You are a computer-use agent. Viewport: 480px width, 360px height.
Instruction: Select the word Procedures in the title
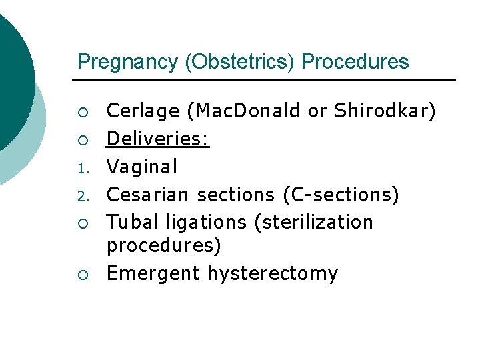[x=355, y=62]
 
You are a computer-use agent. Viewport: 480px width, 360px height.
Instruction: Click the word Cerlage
[x=143, y=111]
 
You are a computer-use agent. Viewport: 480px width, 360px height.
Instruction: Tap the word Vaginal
[x=142, y=166]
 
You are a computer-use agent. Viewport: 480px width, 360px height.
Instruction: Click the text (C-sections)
[x=341, y=195]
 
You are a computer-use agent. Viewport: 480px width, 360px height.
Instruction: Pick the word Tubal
[x=132, y=221]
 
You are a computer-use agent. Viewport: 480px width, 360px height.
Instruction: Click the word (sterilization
[x=314, y=221]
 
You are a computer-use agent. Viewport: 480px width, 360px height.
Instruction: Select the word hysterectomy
[x=273, y=274]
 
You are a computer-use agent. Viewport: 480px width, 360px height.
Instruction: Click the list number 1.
[x=81, y=168]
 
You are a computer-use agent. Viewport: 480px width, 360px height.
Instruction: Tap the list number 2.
[x=81, y=196]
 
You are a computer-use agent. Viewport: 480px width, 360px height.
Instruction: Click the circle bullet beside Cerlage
[x=81, y=112]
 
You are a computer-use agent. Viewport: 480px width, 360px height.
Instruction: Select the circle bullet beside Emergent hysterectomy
[x=81, y=274]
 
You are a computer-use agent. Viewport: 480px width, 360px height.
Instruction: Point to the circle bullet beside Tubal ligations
[x=81, y=222]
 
